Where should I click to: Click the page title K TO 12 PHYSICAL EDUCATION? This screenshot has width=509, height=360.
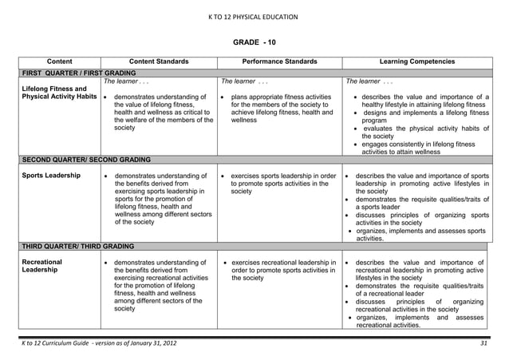click(x=254, y=17)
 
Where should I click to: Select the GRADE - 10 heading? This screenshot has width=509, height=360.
click(x=254, y=42)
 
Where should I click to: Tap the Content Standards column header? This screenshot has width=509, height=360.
click(x=159, y=61)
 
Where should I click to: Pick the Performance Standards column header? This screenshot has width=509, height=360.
click(x=279, y=61)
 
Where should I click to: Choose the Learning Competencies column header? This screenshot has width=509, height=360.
click(x=417, y=61)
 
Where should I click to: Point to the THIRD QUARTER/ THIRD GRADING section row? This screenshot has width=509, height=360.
click(x=78, y=246)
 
